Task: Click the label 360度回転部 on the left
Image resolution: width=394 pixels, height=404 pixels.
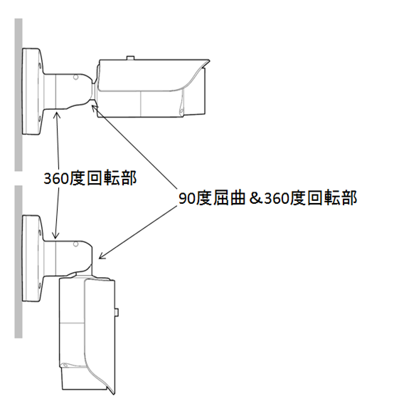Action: coord(90,178)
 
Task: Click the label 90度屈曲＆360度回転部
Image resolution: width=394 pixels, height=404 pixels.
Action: coord(267,198)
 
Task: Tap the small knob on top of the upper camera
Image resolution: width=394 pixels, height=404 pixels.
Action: coord(130,58)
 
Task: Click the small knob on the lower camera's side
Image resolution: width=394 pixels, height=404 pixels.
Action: coord(117,312)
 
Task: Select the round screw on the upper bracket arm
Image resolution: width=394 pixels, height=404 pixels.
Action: coord(76,77)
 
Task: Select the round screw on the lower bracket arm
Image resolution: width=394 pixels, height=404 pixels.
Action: coord(76,244)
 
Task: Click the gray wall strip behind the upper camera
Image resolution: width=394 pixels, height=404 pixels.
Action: coord(18,95)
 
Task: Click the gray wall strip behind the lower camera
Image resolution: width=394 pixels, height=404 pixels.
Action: coord(18,261)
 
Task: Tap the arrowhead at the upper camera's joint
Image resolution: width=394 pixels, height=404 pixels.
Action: coord(94,106)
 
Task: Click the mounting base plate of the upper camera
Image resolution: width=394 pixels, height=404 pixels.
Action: coord(32,91)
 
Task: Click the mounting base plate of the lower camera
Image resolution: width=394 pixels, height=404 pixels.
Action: coord(32,258)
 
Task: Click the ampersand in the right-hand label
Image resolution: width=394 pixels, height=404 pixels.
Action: coord(255,198)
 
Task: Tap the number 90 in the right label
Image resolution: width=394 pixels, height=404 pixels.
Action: coord(187,199)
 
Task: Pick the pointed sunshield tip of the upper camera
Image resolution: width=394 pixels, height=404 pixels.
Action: coord(209,61)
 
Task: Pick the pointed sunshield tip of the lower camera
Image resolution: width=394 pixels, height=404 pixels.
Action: coord(113,393)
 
